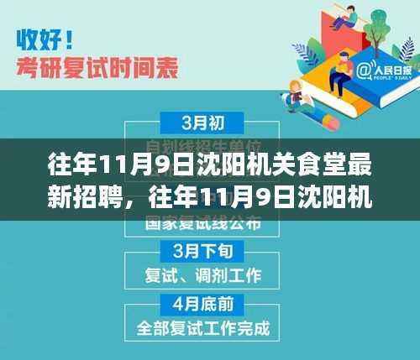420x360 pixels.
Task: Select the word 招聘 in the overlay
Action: pyautogui.click(x=105, y=201)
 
